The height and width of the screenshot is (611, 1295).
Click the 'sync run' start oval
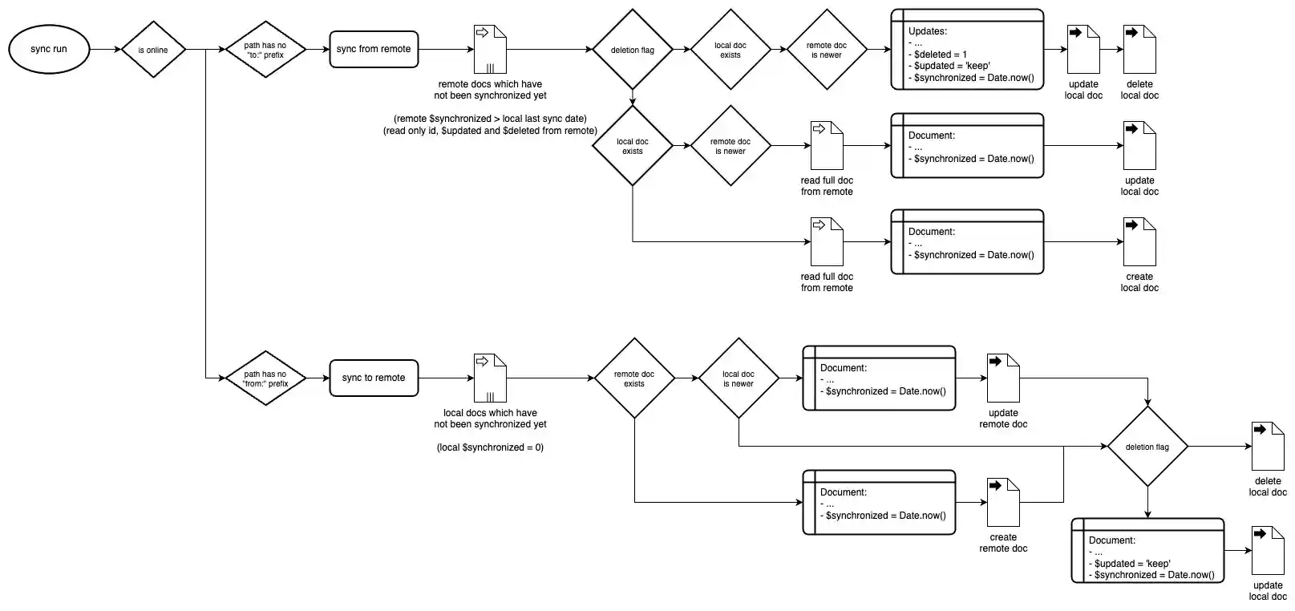pyautogui.click(x=49, y=49)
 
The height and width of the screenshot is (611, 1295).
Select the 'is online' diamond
pyautogui.click(x=153, y=50)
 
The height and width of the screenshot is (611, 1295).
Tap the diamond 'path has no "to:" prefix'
pyautogui.click(x=265, y=50)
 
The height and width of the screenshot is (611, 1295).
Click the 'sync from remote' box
pyautogui.click(x=374, y=49)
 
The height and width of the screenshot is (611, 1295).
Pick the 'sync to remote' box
pyautogui.click(x=374, y=378)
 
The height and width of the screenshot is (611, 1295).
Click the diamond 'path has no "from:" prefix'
pyautogui.click(x=265, y=378)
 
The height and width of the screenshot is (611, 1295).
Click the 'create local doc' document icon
pyautogui.click(x=1139, y=241)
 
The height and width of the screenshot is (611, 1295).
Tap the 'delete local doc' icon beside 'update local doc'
pyautogui.click(x=1139, y=50)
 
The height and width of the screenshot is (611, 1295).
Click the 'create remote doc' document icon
pyautogui.click(x=1003, y=502)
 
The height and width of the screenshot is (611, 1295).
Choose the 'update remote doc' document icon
pyautogui.click(x=1003, y=378)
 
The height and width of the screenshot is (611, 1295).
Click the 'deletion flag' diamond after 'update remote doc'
pyautogui.click(x=1147, y=447)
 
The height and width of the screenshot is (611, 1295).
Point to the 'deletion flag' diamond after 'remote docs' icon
pyautogui.click(x=633, y=50)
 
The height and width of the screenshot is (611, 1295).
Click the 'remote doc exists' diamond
pyautogui.click(x=634, y=378)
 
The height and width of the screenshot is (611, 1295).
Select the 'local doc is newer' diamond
pyautogui.click(x=739, y=378)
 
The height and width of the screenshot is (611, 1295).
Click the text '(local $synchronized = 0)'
pyautogui.click(x=490, y=447)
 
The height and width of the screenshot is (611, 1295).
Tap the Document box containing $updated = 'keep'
pyautogui.click(x=1148, y=551)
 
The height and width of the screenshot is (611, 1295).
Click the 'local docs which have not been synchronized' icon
pyautogui.click(x=490, y=378)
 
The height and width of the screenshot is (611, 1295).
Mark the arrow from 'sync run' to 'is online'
pyautogui.click(x=104, y=50)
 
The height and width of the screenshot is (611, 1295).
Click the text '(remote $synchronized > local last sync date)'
pyautogui.click(x=490, y=119)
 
